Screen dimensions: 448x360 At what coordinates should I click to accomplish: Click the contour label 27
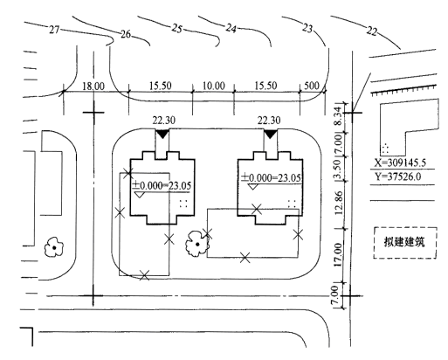(54, 30)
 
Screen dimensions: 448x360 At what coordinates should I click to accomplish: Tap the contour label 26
(126, 34)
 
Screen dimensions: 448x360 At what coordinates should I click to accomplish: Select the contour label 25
(176, 29)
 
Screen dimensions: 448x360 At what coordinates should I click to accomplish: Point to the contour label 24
(231, 28)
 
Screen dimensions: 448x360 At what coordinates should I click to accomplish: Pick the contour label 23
(307, 28)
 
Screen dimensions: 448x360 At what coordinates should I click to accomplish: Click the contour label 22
(372, 31)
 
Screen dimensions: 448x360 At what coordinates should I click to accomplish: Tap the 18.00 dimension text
(93, 87)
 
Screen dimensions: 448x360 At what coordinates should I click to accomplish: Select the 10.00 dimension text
(213, 86)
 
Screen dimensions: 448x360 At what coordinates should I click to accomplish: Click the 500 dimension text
(312, 86)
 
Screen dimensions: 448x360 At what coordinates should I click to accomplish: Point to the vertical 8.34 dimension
(338, 116)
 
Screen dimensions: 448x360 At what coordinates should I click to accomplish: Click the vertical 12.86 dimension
(338, 203)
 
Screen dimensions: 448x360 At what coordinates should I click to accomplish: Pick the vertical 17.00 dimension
(338, 255)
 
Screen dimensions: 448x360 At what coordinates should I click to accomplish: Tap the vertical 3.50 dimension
(338, 169)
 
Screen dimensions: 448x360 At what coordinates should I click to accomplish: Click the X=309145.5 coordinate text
(400, 163)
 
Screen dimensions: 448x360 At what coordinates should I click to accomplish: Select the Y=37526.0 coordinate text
(397, 177)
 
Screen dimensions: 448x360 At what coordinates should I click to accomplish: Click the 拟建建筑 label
(404, 242)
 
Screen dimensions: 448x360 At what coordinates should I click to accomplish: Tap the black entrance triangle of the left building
(162, 134)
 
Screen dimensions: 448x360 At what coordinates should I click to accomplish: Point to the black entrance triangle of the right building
(271, 134)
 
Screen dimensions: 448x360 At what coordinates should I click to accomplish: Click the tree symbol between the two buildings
(197, 244)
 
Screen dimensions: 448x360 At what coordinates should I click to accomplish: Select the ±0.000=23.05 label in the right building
(271, 177)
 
